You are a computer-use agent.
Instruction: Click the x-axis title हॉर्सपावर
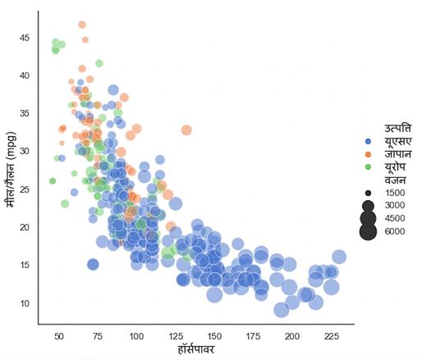(196, 349)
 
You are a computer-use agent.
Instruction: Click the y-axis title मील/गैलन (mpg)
(11, 170)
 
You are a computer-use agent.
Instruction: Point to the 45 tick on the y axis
(25, 38)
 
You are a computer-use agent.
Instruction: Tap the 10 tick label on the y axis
(25, 303)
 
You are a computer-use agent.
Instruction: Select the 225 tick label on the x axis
(332, 336)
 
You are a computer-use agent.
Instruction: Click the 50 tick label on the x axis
(59, 336)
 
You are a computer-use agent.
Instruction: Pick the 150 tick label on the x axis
(214, 336)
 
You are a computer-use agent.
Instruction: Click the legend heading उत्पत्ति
(398, 129)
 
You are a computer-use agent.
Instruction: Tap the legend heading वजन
(395, 180)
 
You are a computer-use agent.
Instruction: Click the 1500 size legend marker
(368, 193)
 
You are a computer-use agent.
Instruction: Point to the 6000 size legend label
(395, 231)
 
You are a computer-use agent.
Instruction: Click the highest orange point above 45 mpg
(82, 25)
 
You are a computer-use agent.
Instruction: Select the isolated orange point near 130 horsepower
(186, 130)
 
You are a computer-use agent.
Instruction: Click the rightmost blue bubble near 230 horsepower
(339, 257)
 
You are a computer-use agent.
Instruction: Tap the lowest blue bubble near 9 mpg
(282, 310)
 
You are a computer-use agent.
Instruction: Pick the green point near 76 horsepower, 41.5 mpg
(99, 63)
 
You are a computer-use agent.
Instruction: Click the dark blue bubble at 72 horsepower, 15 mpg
(93, 265)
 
